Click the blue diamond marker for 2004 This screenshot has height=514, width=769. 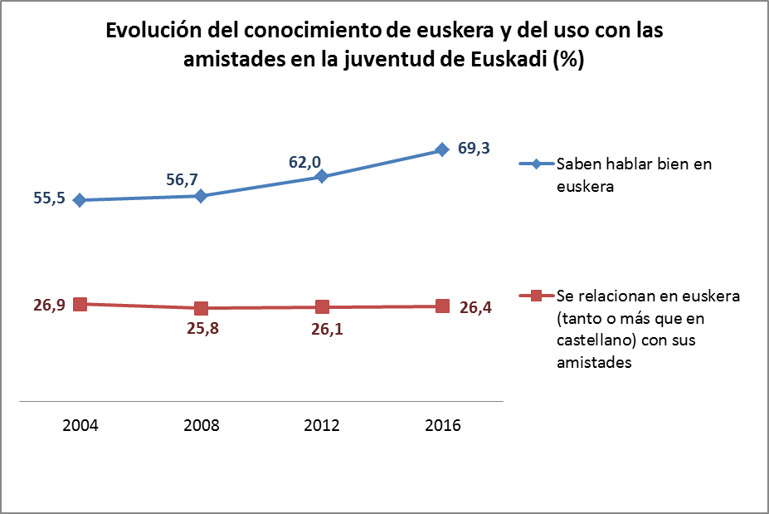(80, 200)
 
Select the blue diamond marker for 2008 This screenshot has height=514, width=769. (201, 196)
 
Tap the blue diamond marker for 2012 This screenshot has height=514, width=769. (322, 176)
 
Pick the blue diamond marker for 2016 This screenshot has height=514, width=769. (442, 149)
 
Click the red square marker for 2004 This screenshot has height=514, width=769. (80, 304)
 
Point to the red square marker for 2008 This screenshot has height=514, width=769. (201, 308)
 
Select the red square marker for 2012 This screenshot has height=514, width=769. (322, 307)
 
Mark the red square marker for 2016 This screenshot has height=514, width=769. (442, 306)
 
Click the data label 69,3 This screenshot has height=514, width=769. (475, 149)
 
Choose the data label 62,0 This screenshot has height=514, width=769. (304, 162)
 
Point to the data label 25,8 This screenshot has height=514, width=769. (201, 329)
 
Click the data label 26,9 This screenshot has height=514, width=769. (49, 305)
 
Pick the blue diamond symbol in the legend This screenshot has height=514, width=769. (536, 164)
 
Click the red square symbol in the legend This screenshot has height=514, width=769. (536, 296)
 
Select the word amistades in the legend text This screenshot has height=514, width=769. (592, 363)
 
